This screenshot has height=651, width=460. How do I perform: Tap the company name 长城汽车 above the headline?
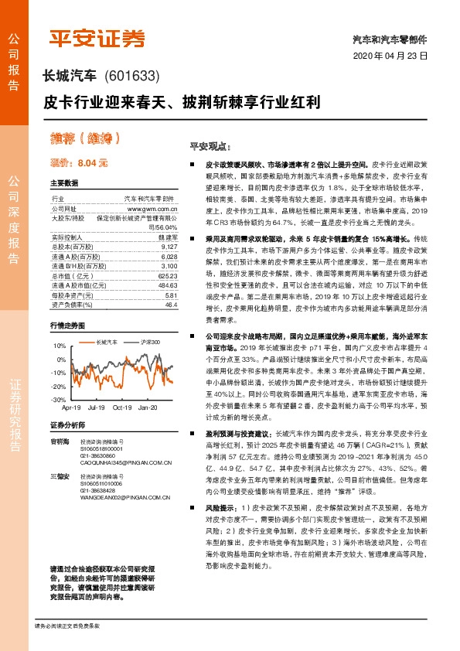tap(68, 76)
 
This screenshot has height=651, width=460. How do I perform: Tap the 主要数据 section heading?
tap(64, 183)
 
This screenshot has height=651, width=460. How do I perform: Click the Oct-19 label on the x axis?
tap(122, 407)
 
